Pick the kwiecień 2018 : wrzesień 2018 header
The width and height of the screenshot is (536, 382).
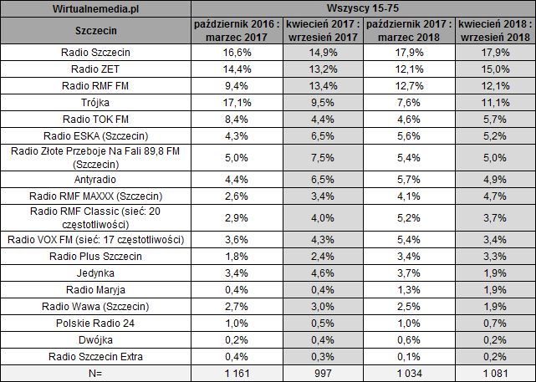point(493,33)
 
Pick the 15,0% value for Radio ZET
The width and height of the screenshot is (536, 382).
point(493,69)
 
